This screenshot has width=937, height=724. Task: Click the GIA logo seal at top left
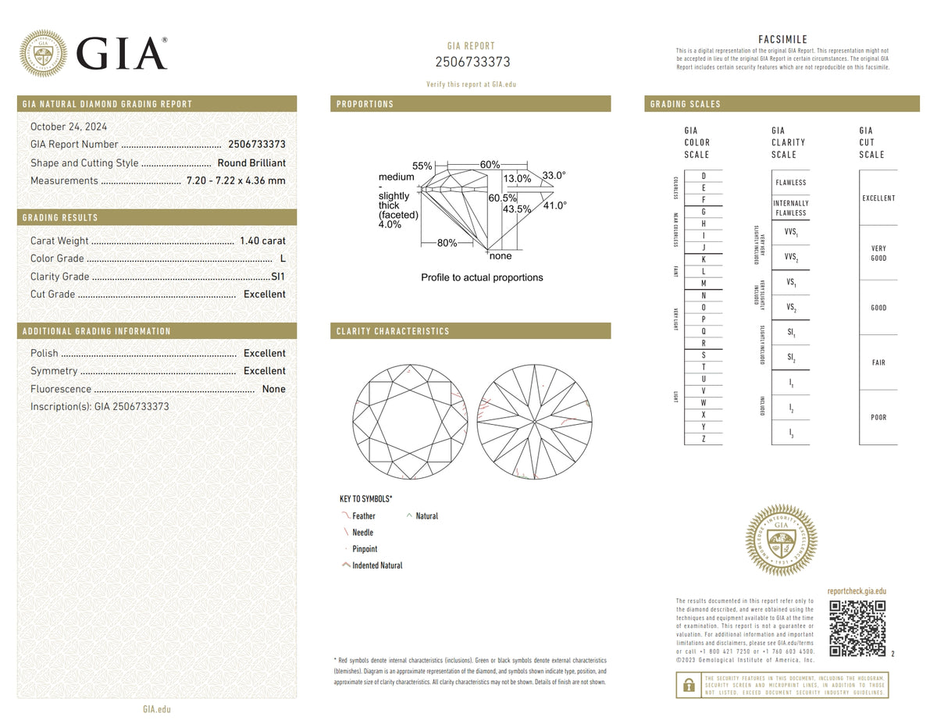coord(43,53)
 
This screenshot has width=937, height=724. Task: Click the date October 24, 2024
coord(69,127)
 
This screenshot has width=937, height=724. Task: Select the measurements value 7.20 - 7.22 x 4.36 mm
coord(236,180)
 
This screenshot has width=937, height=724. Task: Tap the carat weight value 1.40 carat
coord(265,241)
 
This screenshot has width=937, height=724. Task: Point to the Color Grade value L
coord(282,259)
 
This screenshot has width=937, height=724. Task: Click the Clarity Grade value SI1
coord(277,276)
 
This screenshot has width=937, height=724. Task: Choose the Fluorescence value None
coord(273,389)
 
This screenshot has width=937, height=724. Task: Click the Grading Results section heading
coord(61,218)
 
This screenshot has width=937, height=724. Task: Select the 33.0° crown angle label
coord(554,176)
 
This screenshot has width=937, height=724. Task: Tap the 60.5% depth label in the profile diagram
coord(501,198)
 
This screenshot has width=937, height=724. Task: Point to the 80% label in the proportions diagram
coord(447,243)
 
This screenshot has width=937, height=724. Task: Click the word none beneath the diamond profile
coord(500,256)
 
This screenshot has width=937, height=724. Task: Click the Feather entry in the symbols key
coord(363,516)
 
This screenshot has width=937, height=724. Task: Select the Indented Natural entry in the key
coord(377,565)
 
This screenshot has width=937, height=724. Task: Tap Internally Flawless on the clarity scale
coord(790,208)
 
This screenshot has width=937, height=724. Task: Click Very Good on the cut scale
coord(878,253)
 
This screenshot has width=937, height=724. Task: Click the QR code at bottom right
coord(857,629)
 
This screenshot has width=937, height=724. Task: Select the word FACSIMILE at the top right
coord(782,40)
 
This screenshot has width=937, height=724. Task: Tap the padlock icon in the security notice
coord(688,685)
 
